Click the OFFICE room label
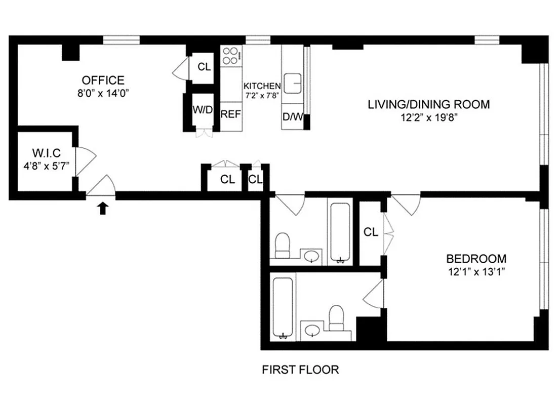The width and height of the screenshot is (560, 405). (x=103, y=80)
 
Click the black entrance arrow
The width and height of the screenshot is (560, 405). (x=103, y=208)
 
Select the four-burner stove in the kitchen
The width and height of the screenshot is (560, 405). (x=231, y=56)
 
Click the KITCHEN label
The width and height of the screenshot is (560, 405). (x=262, y=86)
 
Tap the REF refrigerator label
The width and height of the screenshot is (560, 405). (x=231, y=114)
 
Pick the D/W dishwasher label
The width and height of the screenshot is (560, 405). (x=292, y=117)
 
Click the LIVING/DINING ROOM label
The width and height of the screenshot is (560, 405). (x=428, y=105)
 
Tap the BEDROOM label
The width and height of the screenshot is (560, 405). (x=476, y=258)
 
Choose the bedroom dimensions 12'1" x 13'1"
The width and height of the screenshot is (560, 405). (x=476, y=272)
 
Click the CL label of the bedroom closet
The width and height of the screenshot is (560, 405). (x=371, y=232)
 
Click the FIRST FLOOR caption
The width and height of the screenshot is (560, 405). (x=300, y=370)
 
